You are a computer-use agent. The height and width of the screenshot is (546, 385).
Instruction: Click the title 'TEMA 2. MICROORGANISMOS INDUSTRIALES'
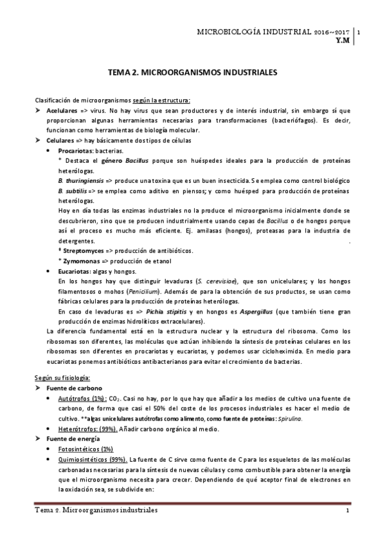coord(192,74)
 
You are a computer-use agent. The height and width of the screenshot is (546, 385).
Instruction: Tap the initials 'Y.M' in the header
coord(343,39)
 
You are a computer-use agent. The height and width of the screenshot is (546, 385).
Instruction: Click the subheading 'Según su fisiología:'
coord(62,375)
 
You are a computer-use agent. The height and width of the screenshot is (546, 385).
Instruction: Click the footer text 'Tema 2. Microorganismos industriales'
coord(96,510)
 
